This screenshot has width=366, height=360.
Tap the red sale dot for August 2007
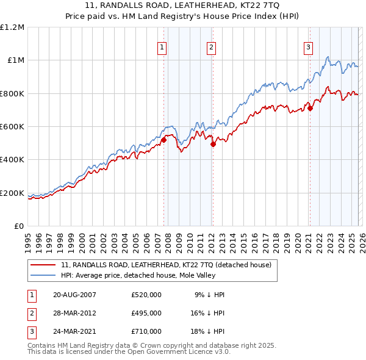(x=163, y=140)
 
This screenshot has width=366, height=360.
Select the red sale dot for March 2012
(x=213, y=145)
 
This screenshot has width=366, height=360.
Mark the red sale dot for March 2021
(x=310, y=109)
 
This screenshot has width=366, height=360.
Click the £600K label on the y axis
(x=12, y=127)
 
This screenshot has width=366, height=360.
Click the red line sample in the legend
(x=44, y=265)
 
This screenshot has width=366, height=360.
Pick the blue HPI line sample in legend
(x=44, y=275)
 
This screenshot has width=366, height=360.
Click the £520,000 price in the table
(x=146, y=295)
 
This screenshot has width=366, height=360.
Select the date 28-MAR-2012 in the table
(x=74, y=313)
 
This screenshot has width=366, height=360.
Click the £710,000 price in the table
(x=146, y=331)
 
